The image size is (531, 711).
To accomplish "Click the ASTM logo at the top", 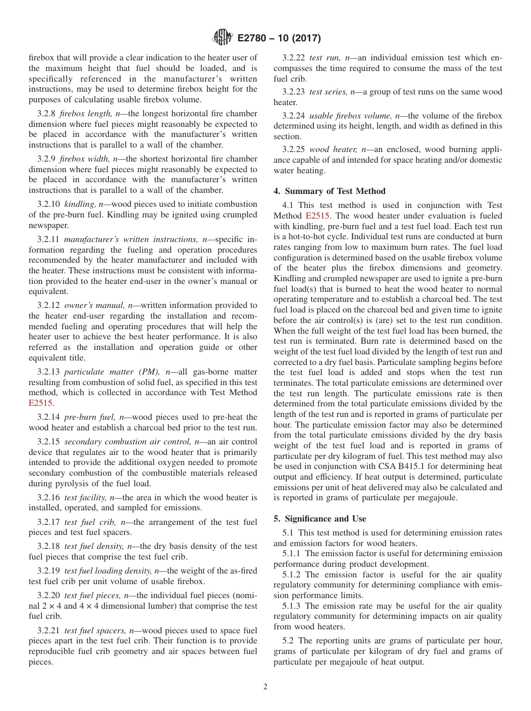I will click(222, 39).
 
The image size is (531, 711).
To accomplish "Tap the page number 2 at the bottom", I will click(265, 687).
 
